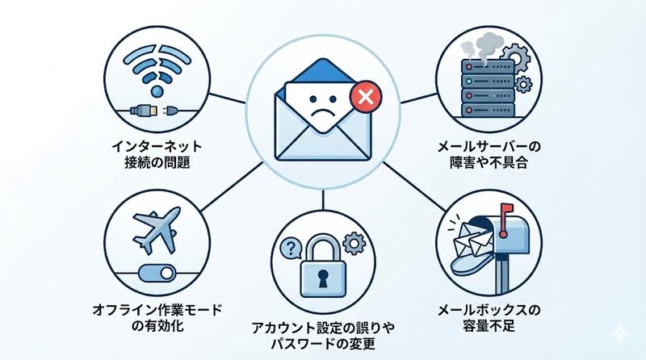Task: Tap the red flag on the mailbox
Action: tap(506, 211)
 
